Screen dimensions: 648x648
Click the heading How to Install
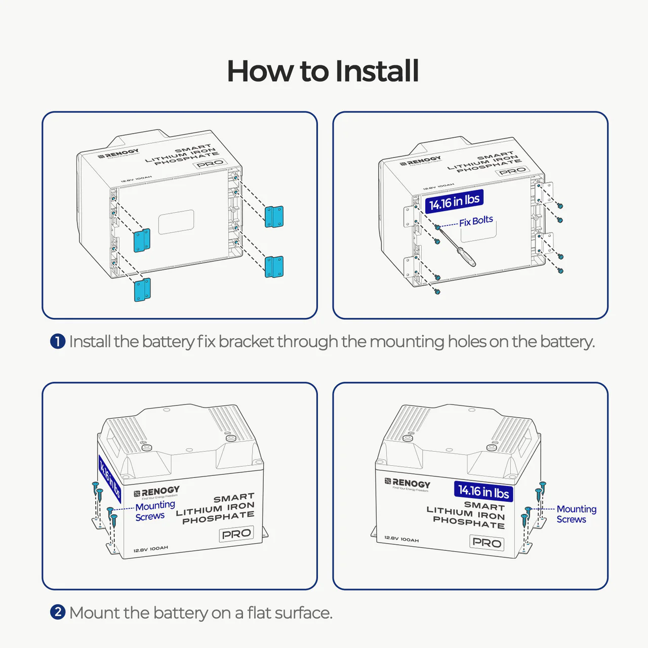tap(323, 71)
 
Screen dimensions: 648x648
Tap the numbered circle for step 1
tap(58, 342)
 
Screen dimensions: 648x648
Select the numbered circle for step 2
tap(58, 612)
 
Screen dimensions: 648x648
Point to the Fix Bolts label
tap(476, 221)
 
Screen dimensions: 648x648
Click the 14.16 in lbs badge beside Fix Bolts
tap(454, 201)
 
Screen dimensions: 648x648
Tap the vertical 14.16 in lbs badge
tap(109, 478)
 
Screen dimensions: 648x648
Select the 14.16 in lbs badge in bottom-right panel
tap(483, 491)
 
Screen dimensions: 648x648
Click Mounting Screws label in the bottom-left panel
tap(154, 511)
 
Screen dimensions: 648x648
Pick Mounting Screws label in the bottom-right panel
tap(576, 514)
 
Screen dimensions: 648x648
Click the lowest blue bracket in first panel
tap(142, 290)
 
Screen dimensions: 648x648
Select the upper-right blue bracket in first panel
tap(274, 216)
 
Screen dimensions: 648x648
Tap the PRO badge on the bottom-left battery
tap(236, 534)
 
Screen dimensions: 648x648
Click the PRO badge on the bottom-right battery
tap(487, 543)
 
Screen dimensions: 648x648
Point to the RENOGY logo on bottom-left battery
tap(157, 492)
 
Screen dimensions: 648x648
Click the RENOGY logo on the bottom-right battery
tap(408, 483)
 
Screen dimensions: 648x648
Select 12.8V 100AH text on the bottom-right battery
tap(401, 539)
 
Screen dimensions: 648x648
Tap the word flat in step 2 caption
tap(259, 613)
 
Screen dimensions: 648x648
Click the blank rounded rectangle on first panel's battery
tap(176, 222)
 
